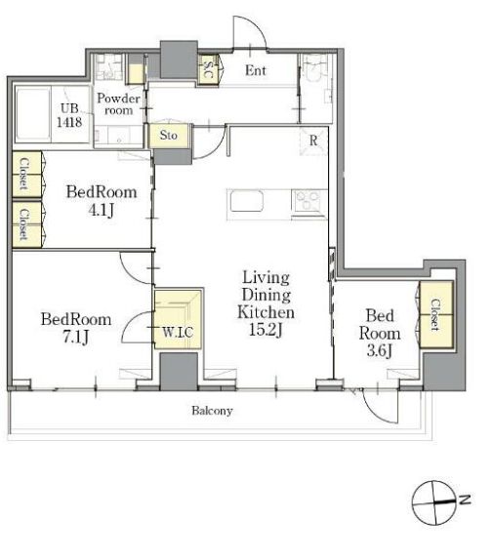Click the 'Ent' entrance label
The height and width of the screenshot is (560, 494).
tap(256, 70)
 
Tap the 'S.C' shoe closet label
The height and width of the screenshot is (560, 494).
tap(209, 69)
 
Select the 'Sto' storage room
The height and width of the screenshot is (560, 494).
tap(168, 136)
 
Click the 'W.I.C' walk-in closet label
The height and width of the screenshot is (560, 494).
tap(178, 332)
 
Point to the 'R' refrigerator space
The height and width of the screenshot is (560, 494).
tap(313, 140)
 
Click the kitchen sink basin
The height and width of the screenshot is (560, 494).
tap(247, 202)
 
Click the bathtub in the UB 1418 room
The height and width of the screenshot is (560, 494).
tap(32, 114)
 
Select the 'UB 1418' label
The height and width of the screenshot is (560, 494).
tap(69, 115)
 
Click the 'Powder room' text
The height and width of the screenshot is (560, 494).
tap(118, 104)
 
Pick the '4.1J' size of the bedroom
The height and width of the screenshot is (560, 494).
tap(102, 210)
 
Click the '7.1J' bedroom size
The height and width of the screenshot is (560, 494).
tap(76, 337)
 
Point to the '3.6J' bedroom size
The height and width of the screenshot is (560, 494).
tap(380, 350)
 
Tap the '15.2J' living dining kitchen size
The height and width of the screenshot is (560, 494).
tap(266, 330)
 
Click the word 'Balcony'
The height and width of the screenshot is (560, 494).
tap(212, 411)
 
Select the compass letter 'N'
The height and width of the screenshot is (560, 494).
tap(465, 500)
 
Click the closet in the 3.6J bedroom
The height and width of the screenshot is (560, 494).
tap(436, 315)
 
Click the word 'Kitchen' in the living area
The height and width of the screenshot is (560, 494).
tap(267, 312)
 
